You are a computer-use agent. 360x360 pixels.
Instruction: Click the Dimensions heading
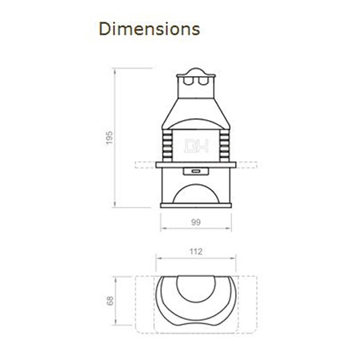tap(149, 29)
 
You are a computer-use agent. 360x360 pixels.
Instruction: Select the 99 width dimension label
tap(196, 222)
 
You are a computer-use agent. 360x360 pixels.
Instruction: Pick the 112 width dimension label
tap(196, 251)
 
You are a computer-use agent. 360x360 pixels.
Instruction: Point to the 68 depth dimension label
tap(110, 301)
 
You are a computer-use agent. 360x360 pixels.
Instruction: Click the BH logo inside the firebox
tap(196, 146)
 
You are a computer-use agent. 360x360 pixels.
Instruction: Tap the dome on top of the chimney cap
tap(196, 71)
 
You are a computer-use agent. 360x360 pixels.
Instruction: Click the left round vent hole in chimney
tap(188, 81)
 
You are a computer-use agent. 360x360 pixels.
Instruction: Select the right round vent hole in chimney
tap(202, 81)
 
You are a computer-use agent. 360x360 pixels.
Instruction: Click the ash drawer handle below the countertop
tap(196, 171)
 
